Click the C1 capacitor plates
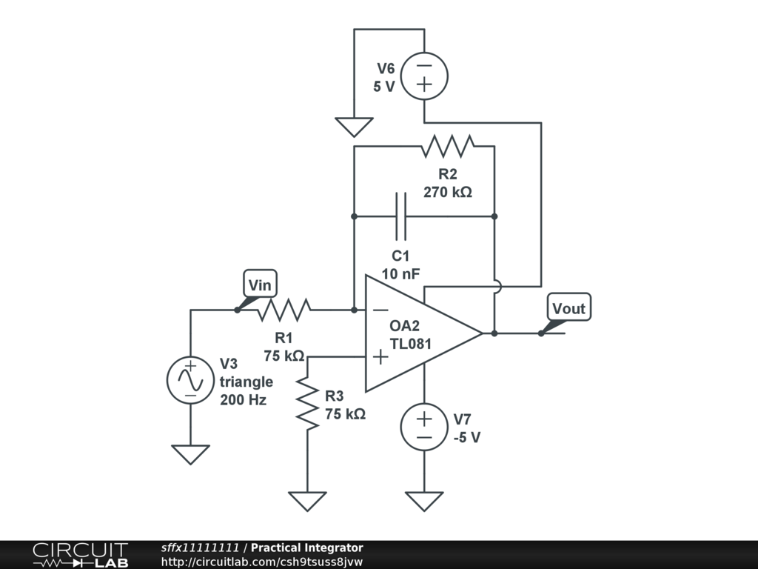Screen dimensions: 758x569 401,216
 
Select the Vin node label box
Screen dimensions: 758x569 260,284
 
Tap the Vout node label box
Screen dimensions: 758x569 568,307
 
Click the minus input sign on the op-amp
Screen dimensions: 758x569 381,310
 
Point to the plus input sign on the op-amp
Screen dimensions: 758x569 381,357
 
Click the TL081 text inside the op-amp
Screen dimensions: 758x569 410,344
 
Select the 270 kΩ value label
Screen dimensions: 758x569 448,192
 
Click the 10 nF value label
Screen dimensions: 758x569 400,274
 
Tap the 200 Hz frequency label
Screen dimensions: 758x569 243,400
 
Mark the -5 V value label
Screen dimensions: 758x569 467,437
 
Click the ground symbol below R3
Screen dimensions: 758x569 307,502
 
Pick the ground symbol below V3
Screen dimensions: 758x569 190,455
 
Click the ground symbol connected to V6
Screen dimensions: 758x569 354,127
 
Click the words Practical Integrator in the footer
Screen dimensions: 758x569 307,548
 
